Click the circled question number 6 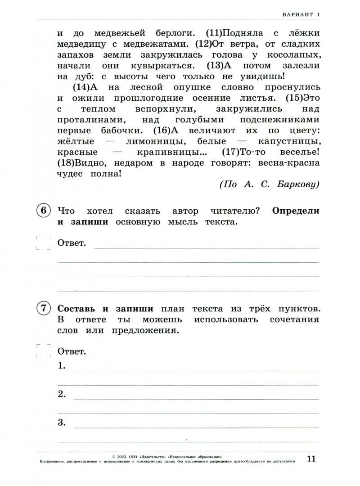coord(43,211)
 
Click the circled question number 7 coord(43,309)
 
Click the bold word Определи coord(296,211)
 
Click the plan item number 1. coord(62,366)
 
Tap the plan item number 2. coord(62,395)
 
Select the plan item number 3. coord(62,423)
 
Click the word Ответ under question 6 coord(72,243)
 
